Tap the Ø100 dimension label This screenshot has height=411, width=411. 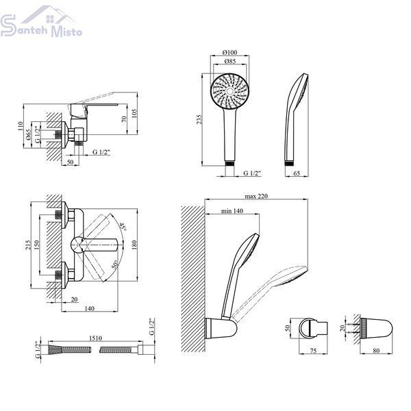(x=229, y=53)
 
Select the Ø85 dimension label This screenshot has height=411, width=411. (x=230, y=62)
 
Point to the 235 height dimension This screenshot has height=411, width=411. (x=199, y=119)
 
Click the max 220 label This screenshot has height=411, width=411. (x=256, y=196)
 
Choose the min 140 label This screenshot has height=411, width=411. (x=232, y=211)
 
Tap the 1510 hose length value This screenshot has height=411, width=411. (x=95, y=338)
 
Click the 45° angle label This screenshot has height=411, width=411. (x=123, y=226)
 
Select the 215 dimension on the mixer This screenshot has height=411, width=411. (x=28, y=245)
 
